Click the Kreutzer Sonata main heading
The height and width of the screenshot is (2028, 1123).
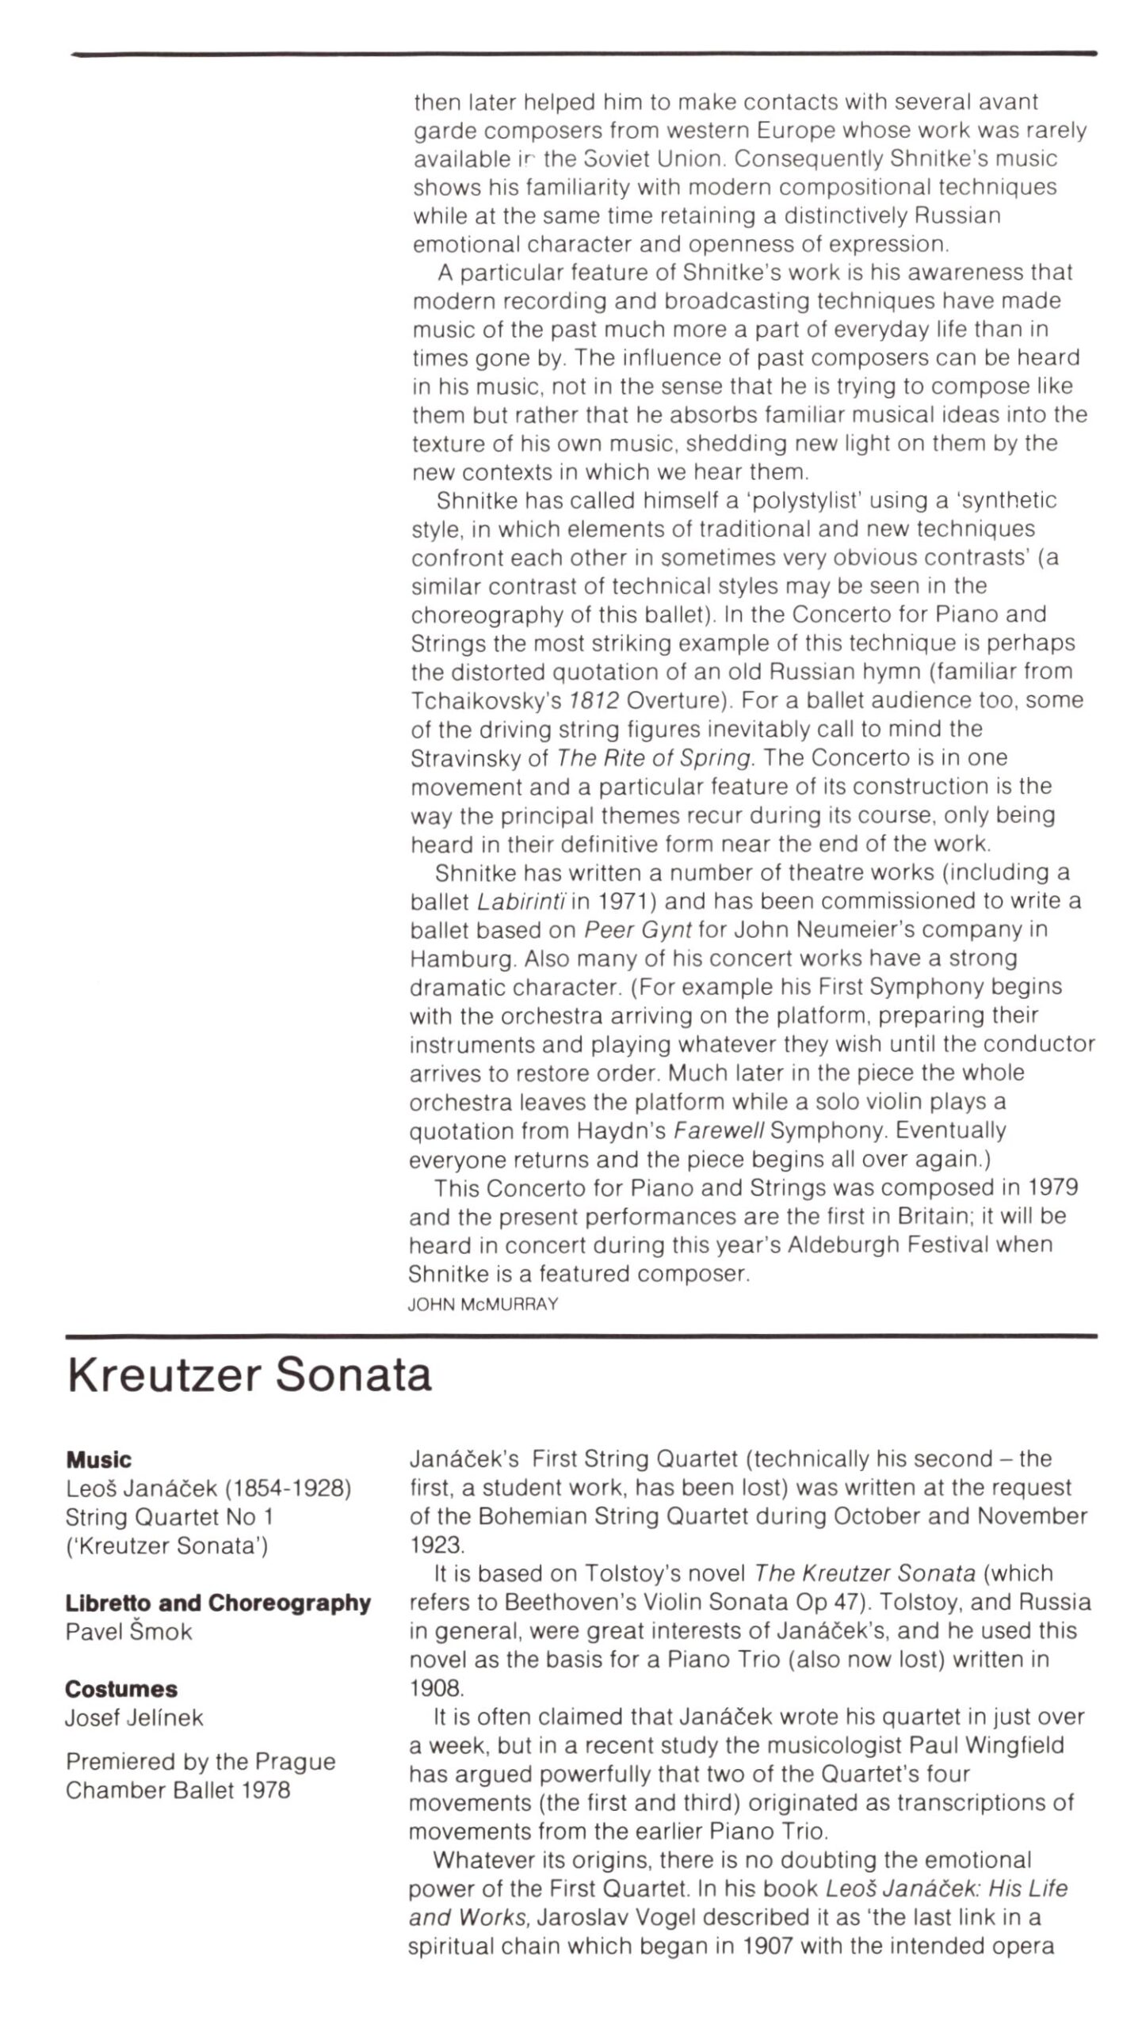pyautogui.click(x=250, y=1377)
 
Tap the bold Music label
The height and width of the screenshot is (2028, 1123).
pyautogui.click(x=99, y=1459)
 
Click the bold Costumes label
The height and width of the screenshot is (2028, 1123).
pyautogui.click(x=121, y=1689)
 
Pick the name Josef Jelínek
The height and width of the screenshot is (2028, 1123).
pyautogui.click(x=134, y=1717)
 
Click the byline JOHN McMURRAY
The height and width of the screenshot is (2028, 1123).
pyautogui.click(x=483, y=1305)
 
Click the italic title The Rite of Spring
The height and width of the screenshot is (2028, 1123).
pyautogui.click(x=655, y=758)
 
